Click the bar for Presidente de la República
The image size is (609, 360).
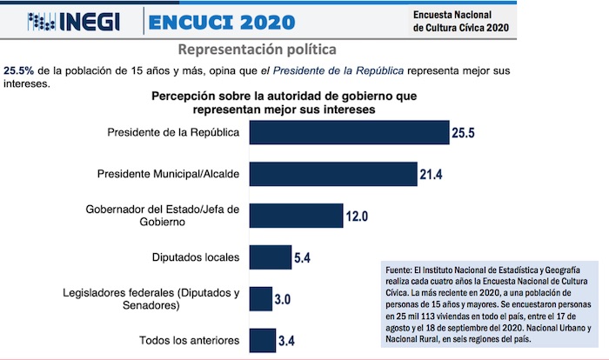click(x=349, y=132)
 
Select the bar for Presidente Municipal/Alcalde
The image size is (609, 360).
click(x=333, y=174)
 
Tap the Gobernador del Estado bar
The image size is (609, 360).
click(x=297, y=216)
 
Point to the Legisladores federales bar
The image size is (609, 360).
click(x=261, y=298)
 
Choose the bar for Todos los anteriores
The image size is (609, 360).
click(x=262, y=340)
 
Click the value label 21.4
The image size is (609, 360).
click(x=432, y=175)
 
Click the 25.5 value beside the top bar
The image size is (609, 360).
click(x=465, y=133)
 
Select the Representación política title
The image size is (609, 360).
click(x=257, y=49)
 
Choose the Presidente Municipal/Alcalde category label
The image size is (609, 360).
click(x=169, y=174)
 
